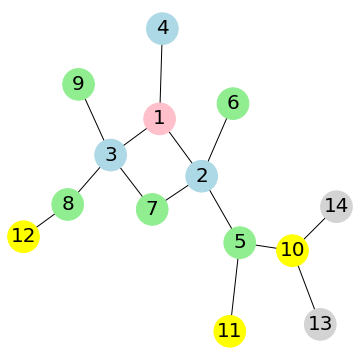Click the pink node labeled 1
tap(159, 119)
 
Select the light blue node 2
tap(202, 176)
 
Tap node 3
tap(111, 155)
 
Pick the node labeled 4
tap(162, 28)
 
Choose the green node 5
tap(239, 242)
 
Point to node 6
tap(233, 102)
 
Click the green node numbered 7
tap(152, 209)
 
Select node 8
tap(68, 204)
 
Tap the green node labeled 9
tap(78, 83)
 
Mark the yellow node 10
tap(292, 250)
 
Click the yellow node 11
tap(230, 329)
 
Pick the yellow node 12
tap(24, 236)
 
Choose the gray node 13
tap(320, 323)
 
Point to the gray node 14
tap(336, 206)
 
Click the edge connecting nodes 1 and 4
tap(161, 73)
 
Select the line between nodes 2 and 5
tap(220, 209)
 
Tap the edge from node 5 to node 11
tap(234, 286)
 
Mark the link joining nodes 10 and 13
tap(306, 287)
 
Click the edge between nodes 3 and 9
tap(95, 119)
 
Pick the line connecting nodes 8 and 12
tap(46, 220)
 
